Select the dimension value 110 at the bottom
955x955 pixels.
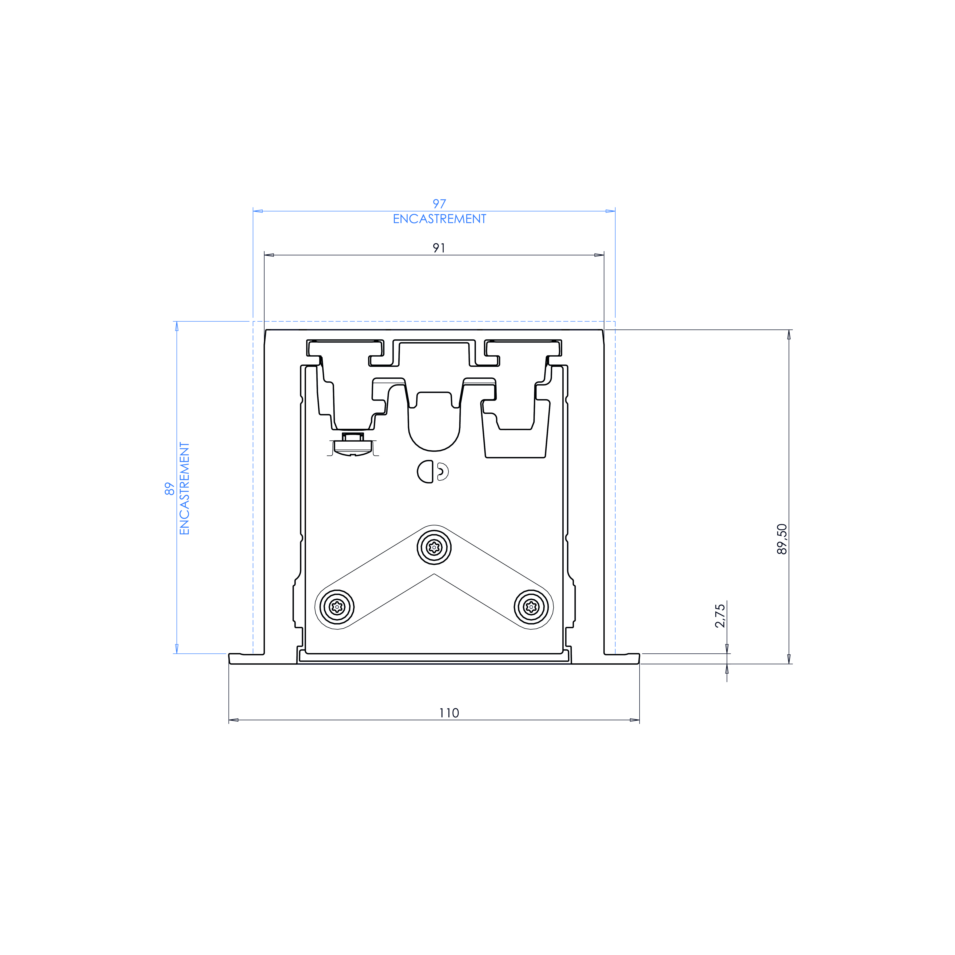point(449,713)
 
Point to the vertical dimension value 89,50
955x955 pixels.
point(782,539)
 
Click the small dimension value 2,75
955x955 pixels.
point(720,615)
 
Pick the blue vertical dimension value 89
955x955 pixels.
point(170,489)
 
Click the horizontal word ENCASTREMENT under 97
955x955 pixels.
point(439,219)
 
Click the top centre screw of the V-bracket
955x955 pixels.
point(434,547)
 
